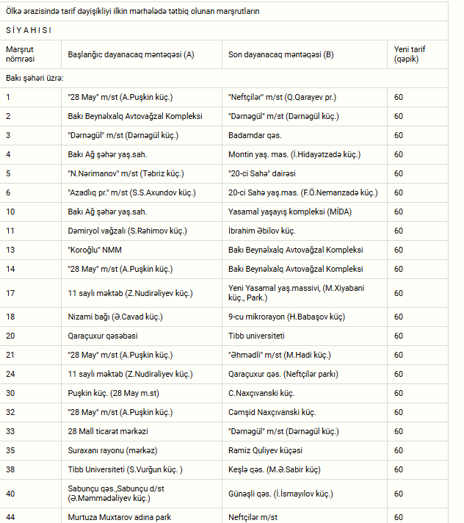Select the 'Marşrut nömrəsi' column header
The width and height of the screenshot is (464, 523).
point(21,54)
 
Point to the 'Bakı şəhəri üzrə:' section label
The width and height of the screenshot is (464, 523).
point(35,77)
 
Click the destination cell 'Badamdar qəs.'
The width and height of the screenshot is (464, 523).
point(255,135)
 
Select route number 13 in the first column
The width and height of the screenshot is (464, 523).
point(9,250)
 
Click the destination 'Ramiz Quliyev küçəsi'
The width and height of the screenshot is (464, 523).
point(265,450)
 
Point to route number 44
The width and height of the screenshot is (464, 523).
point(10,517)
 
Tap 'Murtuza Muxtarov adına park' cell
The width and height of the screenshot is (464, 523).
point(119,517)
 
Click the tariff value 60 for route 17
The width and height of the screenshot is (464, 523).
point(399,293)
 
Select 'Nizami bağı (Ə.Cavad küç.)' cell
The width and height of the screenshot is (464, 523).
point(115,317)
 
